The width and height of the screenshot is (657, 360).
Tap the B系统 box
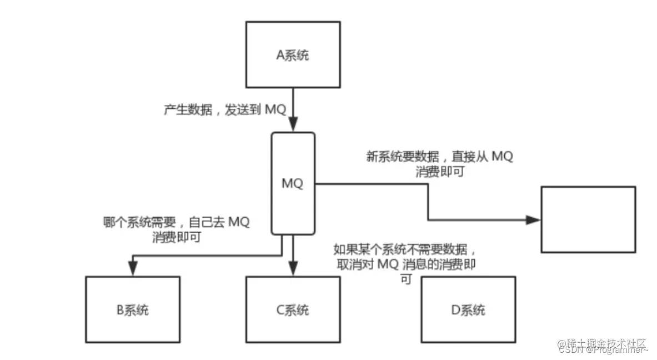pyautogui.click(x=132, y=309)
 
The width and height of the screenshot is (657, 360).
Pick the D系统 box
pyautogui.click(x=468, y=309)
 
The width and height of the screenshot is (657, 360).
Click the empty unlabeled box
pyautogui.click(x=588, y=219)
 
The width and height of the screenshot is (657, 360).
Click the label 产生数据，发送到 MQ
pyautogui.click(x=224, y=109)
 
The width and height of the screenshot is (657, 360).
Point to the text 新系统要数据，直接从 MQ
pyautogui.click(x=439, y=157)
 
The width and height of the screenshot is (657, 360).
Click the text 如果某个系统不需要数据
pyautogui.click(x=404, y=249)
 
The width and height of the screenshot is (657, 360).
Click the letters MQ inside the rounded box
pyautogui.click(x=293, y=183)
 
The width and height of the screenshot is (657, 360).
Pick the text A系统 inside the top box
pyautogui.click(x=293, y=55)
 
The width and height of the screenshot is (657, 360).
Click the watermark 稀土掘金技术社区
pyautogui.click(x=603, y=343)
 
